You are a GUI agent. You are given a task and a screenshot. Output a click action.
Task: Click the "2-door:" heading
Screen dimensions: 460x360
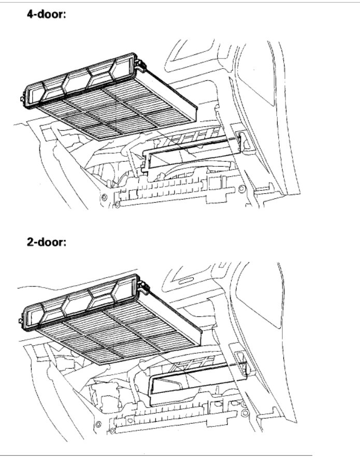coord(48,242)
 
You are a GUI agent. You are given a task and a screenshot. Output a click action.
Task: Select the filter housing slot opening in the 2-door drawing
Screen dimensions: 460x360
coord(197,378)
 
